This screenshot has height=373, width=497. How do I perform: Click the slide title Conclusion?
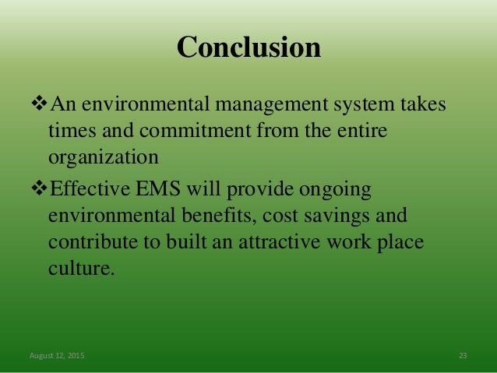(x=248, y=48)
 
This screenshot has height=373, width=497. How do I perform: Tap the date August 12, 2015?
(x=58, y=356)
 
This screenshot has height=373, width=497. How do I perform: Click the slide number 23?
(x=463, y=356)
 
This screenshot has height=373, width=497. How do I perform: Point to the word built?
(x=181, y=242)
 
